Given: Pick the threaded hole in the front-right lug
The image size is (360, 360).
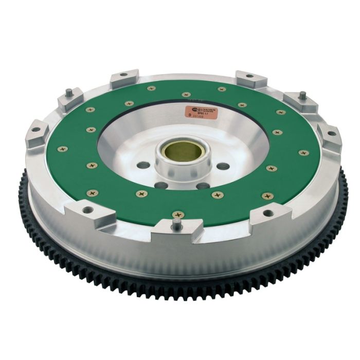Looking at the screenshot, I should click(266, 212).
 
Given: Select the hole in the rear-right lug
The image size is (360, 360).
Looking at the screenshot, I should click(249, 76).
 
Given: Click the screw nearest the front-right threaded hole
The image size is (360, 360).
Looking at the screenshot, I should click(266, 195).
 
